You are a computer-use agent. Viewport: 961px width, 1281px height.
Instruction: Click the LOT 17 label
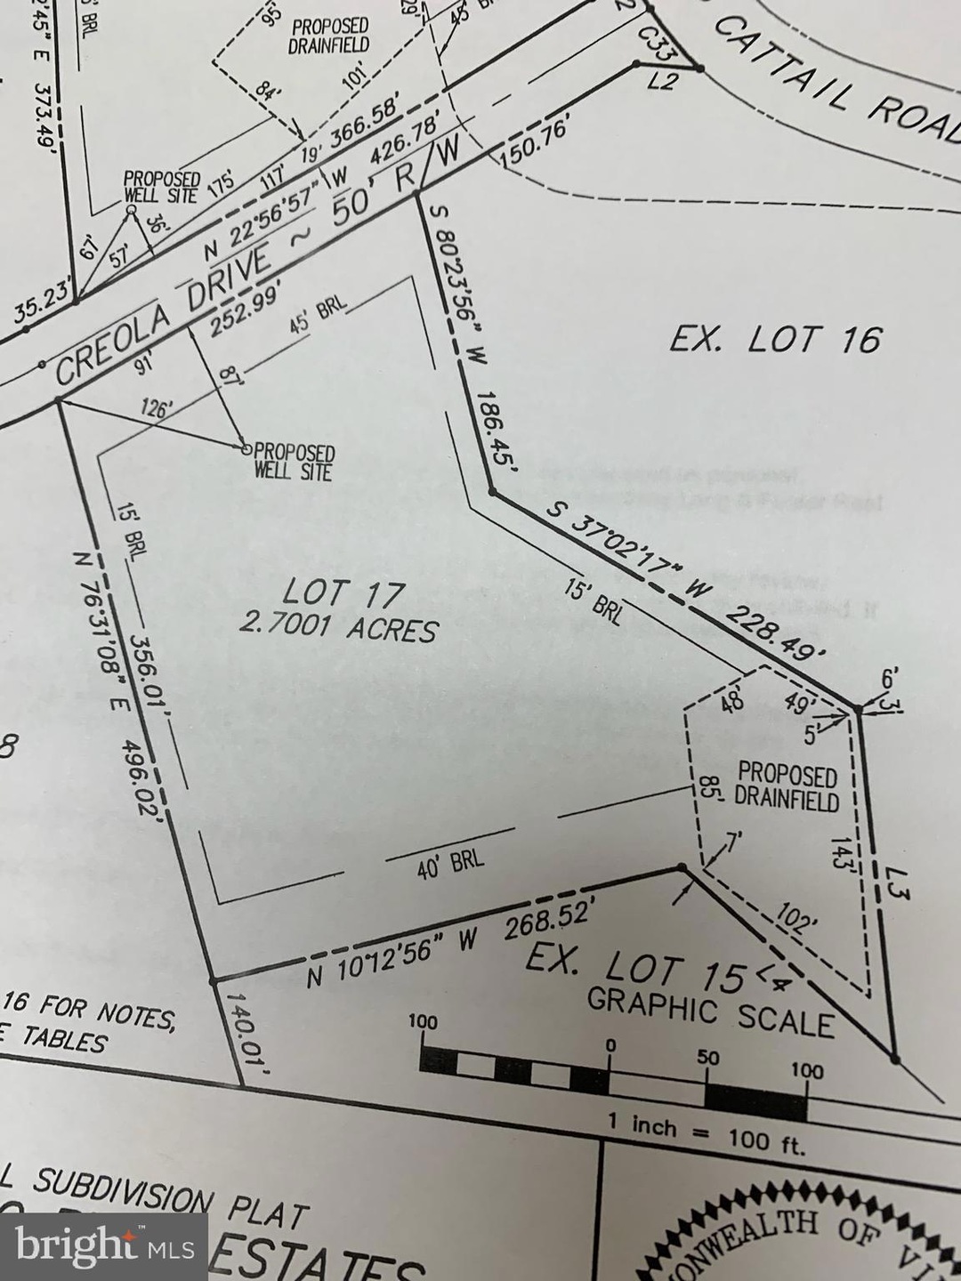coord(343,593)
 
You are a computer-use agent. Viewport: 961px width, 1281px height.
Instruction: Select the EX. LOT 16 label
coord(774,339)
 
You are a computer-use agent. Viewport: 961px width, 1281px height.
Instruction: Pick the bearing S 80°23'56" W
coord(449,285)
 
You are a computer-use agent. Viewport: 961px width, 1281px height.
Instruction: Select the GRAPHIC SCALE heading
coord(710,1014)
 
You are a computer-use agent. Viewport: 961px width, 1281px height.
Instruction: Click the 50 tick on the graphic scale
coord(708,1059)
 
